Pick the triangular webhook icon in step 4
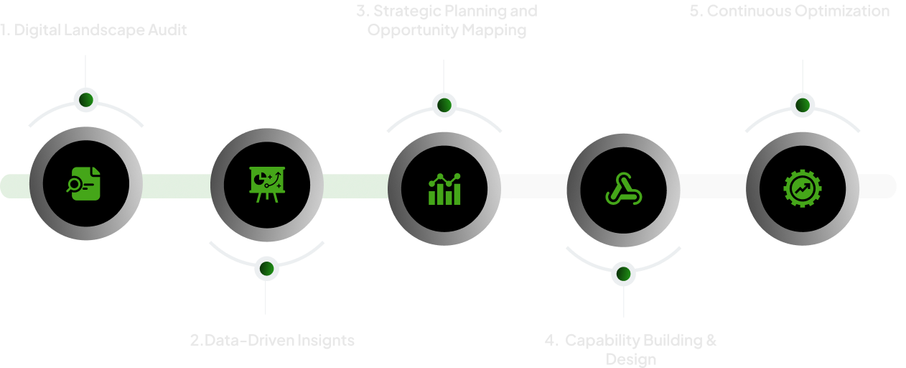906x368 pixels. (623, 189)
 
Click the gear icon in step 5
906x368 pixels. (803, 188)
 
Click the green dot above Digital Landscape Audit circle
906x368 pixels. (86, 99)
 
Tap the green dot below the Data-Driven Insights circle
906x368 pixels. (266, 269)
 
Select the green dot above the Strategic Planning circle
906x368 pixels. (444, 105)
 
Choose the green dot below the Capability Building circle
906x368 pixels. (623, 274)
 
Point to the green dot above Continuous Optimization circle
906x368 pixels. (803, 105)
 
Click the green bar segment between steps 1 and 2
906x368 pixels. (176, 185)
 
